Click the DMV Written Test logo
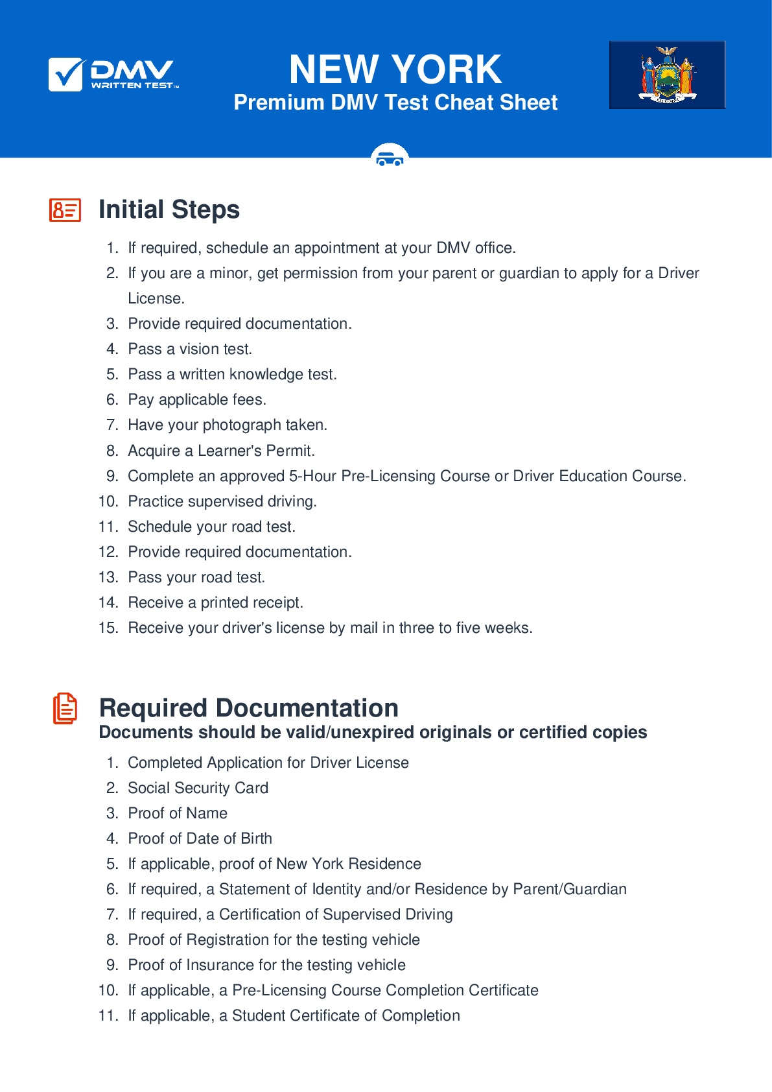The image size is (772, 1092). (113, 75)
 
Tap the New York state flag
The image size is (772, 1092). (667, 75)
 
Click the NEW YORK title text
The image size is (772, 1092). (395, 69)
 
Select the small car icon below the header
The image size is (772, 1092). (390, 157)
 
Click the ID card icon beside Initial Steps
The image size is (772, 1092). (65, 210)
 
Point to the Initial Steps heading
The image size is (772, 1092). (169, 209)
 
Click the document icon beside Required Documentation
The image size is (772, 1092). (65, 708)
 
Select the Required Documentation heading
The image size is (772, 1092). (248, 707)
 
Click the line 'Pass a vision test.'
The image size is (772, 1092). (190, 349)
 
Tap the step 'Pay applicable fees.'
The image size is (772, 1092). (197, 399)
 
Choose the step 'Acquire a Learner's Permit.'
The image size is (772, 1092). (221, 451)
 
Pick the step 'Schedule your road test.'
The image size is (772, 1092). (211, 527)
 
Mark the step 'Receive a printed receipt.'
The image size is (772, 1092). (215, 602)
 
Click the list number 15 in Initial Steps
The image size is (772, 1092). (108, 628)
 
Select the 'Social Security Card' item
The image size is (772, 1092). (198, 788)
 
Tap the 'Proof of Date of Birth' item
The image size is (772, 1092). (200, 838)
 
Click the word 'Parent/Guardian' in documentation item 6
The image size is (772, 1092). (570, 889)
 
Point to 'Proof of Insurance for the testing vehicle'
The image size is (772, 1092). (266, 965)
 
